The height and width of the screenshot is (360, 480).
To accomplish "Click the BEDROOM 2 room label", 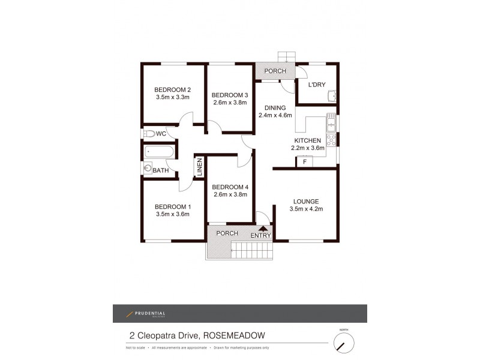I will (173, 89).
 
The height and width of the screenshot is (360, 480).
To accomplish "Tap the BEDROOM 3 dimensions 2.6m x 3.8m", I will (230, 103).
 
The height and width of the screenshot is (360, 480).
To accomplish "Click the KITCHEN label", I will (308, 140).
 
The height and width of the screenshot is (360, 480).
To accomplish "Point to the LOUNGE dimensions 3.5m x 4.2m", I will (305, 209).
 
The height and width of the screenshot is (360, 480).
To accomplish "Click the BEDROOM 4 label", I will (230, 187).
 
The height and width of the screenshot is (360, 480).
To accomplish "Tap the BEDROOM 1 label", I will (173, 206).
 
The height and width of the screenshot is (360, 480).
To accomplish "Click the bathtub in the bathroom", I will (160, 152).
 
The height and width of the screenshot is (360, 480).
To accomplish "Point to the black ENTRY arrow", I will (262, 227).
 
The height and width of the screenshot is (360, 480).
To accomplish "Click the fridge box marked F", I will (305, 161).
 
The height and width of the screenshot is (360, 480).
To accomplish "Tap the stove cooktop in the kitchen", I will (331, 139).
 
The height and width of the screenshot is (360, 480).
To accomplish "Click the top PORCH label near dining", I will (275, 71).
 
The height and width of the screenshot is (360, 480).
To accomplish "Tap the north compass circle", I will (344, 343).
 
